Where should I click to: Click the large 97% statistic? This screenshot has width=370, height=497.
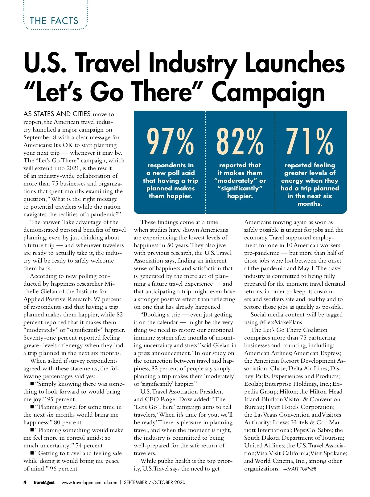(x=170, y=142)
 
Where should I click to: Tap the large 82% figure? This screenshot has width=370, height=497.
(x=240, y=142)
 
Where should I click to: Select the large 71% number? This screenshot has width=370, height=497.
(x=310, y=142)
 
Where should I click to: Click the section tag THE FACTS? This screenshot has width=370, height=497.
(x=54, y=21)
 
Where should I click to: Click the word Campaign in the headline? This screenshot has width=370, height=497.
(x=268, y=92)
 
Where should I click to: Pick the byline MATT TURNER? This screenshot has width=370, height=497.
(x=302, y=469)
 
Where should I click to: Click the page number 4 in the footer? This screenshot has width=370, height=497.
(x=25, y=482)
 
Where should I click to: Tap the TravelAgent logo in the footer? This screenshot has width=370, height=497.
(x=44, y=482)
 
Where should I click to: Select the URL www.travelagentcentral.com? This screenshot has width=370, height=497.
(x=89, y=482)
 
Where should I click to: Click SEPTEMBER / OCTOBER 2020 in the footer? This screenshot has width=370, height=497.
(x=154, y=482)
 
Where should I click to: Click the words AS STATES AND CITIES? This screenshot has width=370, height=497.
(x=57, y=114)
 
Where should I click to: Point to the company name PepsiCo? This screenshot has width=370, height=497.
(x=304, y=430)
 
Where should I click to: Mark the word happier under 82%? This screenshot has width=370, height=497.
(x=240, y=196)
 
